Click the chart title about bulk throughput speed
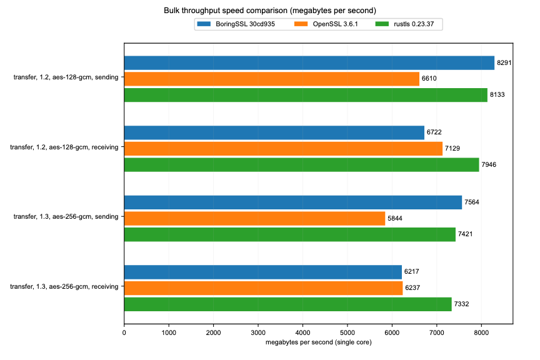[270, 11]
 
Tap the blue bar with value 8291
[309, 62]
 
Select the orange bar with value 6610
[272, 79]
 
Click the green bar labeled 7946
[301, 164]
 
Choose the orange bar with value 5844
[254, 218]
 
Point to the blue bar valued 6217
[263, 272]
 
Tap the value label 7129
[452, 149]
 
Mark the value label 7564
[472, 202]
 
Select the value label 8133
[497, 95]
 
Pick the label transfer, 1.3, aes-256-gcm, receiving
[64, 287]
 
